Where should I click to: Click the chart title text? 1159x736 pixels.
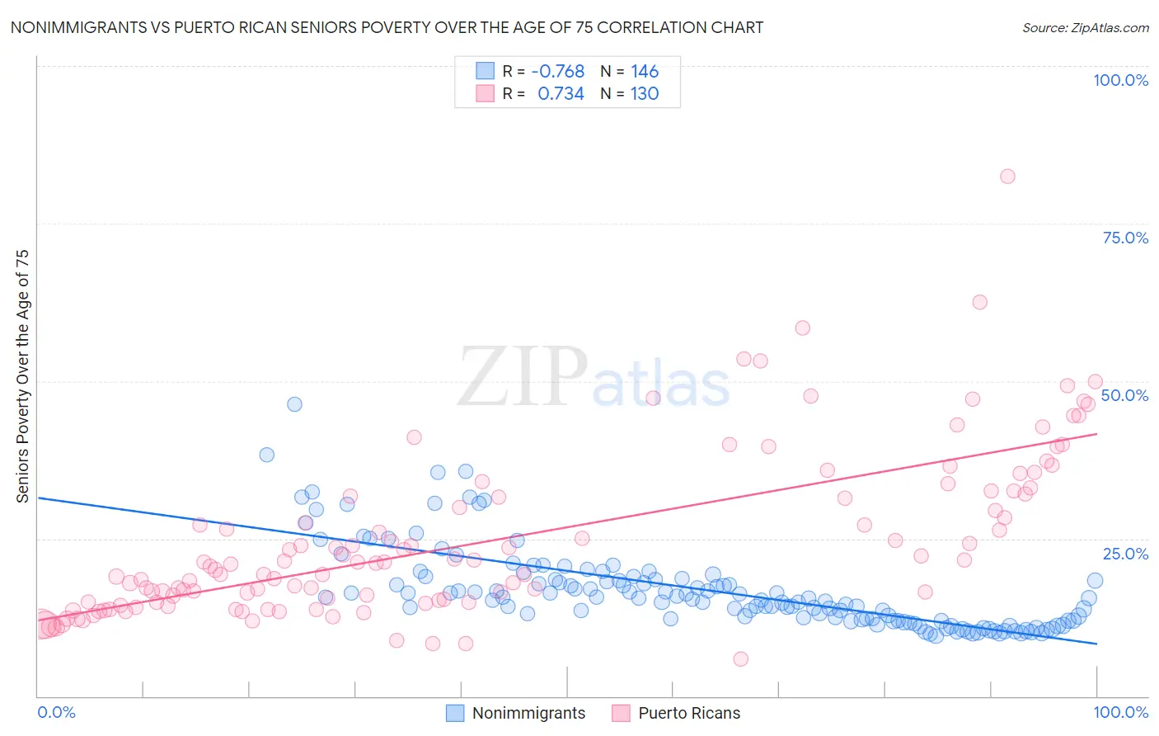tap(386, 27)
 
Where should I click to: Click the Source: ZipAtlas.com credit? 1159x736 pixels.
tap(1085, 27)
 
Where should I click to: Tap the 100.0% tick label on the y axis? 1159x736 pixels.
tap(1120, 80)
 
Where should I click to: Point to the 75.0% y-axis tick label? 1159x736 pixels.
tap(1125, 238)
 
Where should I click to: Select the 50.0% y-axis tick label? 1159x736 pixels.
tap(1124, 395)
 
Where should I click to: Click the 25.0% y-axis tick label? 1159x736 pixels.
tap(1125, 554)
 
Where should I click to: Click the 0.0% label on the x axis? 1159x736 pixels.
tap(56, 712)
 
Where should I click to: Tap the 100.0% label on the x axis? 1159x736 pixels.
tap(1120, 712)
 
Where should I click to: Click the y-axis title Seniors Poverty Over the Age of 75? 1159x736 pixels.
tap(22, 375)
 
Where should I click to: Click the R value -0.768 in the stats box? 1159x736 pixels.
tap(557, 72)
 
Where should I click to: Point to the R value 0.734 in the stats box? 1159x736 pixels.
tap(561, 94)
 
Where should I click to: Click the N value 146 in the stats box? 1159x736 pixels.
tap(645, 72)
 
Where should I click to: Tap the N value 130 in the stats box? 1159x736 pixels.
tap(645, 94)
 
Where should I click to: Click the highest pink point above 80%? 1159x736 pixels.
tap(1007, 176)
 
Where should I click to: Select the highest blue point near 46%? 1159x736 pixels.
tap(294, 404)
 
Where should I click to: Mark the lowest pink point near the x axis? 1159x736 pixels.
tap(740, 658)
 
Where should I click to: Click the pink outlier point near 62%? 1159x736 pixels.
tap(979, 302)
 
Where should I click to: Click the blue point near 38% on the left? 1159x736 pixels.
tap(266, 455)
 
